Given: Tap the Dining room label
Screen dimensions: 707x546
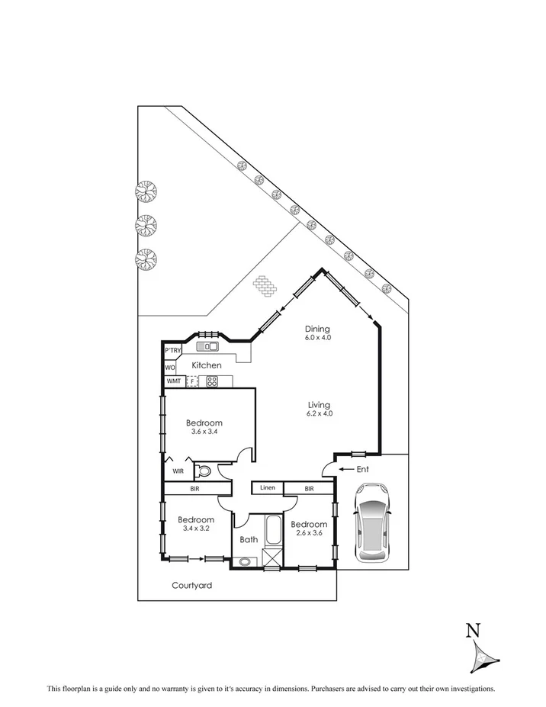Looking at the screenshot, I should coord(318,329).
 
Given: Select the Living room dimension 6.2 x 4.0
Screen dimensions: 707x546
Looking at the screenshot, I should coord(319,413).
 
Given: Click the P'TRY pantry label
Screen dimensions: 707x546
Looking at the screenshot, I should coord(173,350).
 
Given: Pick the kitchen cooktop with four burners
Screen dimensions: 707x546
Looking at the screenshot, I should coord(212,381).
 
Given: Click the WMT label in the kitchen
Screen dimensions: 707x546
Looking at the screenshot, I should coord(173,381).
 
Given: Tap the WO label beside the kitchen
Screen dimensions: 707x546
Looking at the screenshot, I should coord(170,367).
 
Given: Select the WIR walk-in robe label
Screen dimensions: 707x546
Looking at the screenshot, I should coord(177,471).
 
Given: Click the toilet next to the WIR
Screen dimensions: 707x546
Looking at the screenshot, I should coord(204,471).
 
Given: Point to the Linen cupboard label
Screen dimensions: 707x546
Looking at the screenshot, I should coord(267,488).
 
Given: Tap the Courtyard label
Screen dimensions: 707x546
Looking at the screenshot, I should coord(191,586).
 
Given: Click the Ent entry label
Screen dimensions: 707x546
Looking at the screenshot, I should coord(362,469).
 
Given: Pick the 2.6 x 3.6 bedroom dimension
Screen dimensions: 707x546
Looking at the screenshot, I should coord(309,534).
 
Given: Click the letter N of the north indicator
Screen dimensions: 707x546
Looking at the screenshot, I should coord(474,630).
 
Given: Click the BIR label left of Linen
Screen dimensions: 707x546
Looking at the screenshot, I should coord(194,489).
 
